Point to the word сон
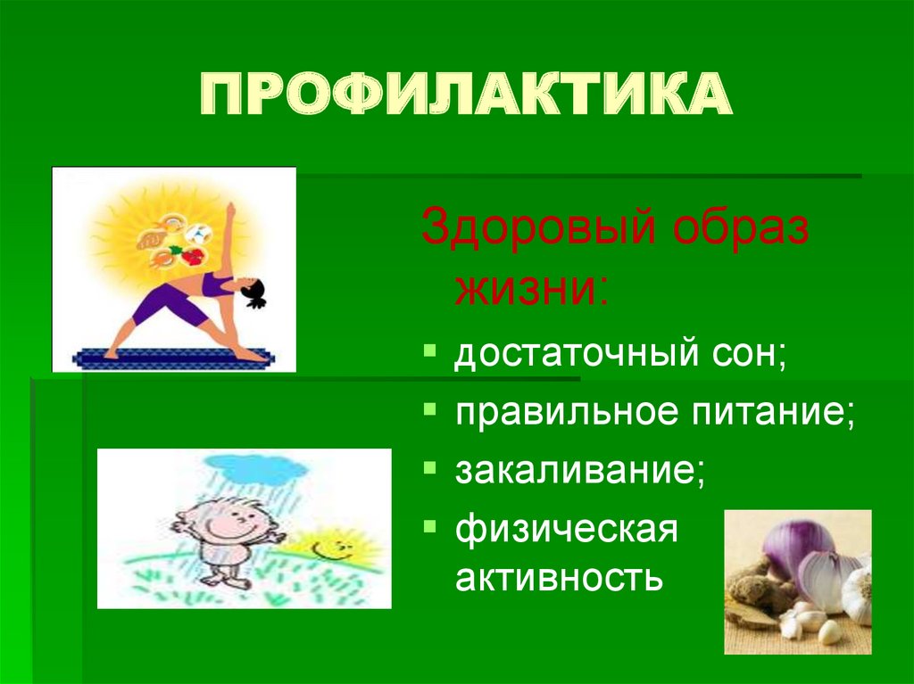coord(756,356)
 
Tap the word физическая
coord(567,530)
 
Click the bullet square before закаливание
coord(430,466)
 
